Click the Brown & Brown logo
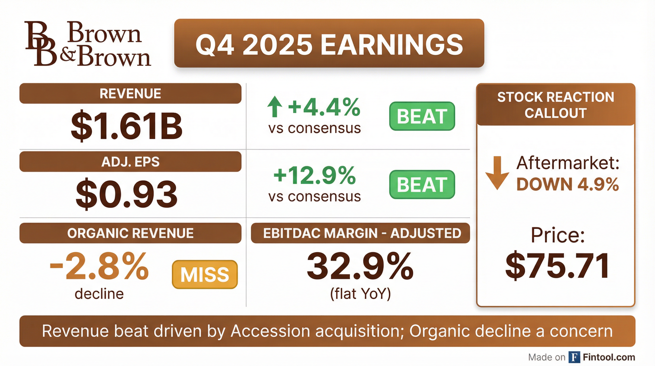(x=88, y=44)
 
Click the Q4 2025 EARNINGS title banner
(x=329, y=43)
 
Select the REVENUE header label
(x=130, y=93)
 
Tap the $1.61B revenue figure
(x=126, y=126)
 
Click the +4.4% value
(x=324, y=107)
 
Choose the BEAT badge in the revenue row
(x=422, y=116)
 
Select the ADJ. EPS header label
(x=130, y=162)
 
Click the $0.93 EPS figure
(x=126, y=194)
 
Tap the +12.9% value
(x=315, y=175)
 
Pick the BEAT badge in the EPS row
(x=422, y=184)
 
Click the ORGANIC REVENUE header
(x=130, y=233)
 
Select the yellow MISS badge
(x=205, y=274)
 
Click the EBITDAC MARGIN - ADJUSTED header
(x=360, y=233)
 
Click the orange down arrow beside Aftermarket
(x=497, y=173)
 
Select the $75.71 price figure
(x=558, y=266)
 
